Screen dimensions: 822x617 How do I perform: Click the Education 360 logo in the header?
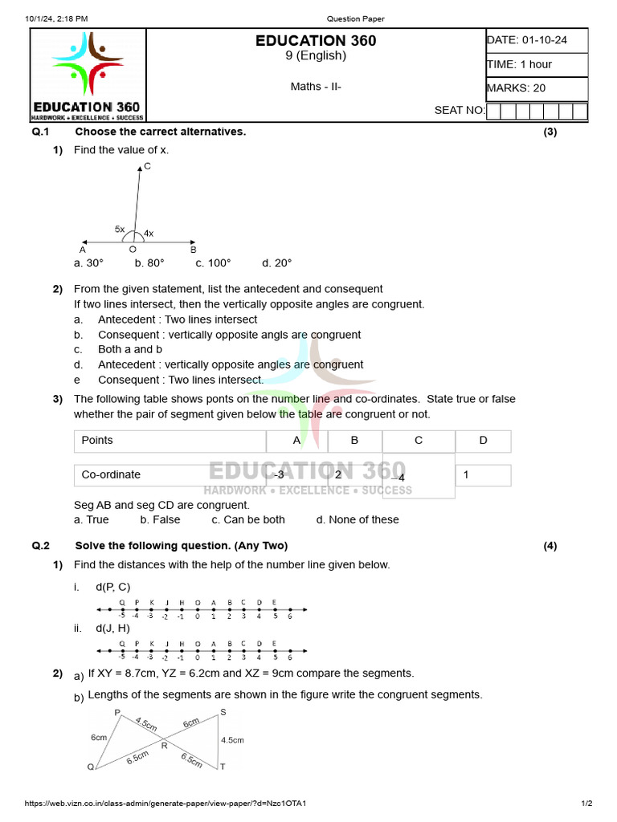pyautogui.click(x=88, y=75)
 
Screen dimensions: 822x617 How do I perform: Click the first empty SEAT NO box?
pyautogui.click(x=494, y=111)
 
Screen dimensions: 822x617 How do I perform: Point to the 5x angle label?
pyautogui.click(x=119, y=230)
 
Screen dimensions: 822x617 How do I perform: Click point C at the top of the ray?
pyautogui.click(x=147, y=166)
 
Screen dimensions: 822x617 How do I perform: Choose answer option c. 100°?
pyautogui.click(x=213, y=263)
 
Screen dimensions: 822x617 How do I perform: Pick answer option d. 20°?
pyautogui.click(x=277, y=263)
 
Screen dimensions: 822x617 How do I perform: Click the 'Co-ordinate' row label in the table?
pyautogui.click(x=111, y=475)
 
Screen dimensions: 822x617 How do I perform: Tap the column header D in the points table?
pyautogui.click(x=483, y=441)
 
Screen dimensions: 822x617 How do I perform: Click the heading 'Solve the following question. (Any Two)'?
pyautogui.click(x=181, y=546)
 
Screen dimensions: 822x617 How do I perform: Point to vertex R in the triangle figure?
pyautogui.click(x=164, y=746)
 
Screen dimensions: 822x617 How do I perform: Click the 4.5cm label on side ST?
pyautogui.click(x=232, y=740)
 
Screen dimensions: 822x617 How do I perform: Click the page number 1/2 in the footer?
pyautogui.click(x=586, y=804)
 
